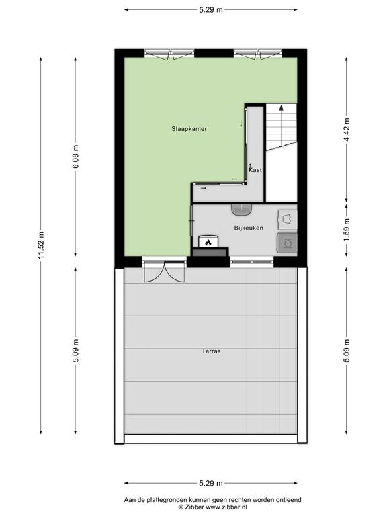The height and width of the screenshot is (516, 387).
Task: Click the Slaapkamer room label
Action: click(x=189, y=129)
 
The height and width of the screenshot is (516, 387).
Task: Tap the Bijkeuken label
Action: click(x=249, y=228)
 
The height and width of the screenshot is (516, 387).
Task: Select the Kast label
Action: click(x=255, y=170)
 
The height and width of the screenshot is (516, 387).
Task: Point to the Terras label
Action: click(x=211, y=351)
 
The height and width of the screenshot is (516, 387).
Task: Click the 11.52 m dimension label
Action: click(x=41, y=245)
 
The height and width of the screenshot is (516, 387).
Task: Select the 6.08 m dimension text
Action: click(x=75, y=157)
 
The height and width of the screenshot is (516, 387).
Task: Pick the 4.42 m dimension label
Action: click(x=347, y=129)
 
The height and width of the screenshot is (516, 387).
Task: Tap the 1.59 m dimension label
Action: click(x=347, y=229)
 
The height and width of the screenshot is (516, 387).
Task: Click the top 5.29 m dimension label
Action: click(x=211, y=10)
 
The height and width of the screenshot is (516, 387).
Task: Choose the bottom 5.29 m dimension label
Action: click(x=211, y=484)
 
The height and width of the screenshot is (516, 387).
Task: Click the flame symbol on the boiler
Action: click(x=208, y=243)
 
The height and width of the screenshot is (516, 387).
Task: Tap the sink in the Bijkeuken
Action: click(x=242, y=210)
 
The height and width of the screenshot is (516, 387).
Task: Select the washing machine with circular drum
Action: click(x=288, y=243)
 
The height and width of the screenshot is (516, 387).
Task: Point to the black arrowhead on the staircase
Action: click(x=281, y=107)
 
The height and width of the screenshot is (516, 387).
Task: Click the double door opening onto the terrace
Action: click(x=165, y=271)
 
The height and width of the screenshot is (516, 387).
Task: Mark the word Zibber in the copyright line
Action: click(x=194, y=507)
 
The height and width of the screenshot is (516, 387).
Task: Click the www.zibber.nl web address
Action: click(x=226, y=507)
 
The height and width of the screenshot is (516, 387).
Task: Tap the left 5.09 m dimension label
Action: click(x=75, y=351)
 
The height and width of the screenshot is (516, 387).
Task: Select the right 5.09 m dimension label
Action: click(x=347, y=351)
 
